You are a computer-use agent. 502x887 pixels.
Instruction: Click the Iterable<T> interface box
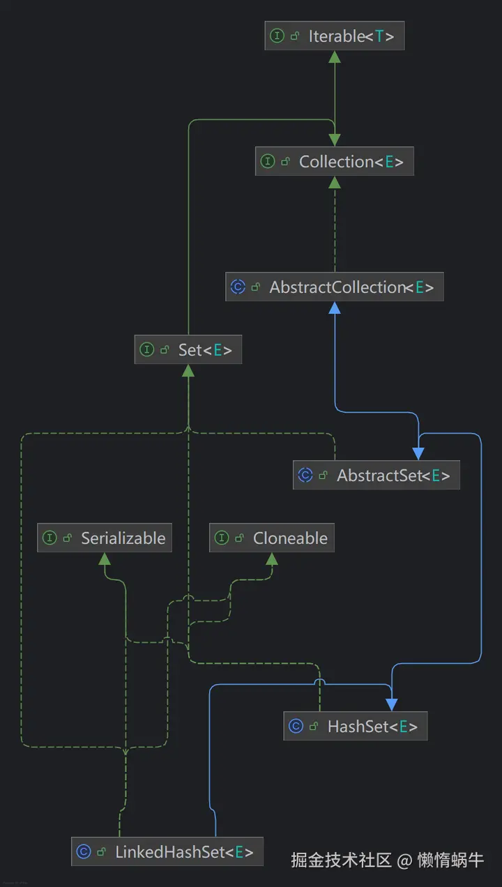(335, 36)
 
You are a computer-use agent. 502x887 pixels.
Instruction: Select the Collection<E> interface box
(335, 161)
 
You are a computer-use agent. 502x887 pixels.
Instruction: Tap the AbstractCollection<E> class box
(335, 287)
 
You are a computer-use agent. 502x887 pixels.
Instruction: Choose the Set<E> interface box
(188, 349)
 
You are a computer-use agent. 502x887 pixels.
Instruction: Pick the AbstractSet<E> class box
(376, 475)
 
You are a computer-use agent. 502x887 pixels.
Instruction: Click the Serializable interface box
(105, 538)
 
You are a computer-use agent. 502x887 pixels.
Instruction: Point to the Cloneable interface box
(272, 538)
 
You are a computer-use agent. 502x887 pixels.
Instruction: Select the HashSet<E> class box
(356, 726)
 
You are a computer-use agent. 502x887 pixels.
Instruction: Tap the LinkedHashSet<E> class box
(167, 851)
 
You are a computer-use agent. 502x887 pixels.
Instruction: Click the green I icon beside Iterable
(277, 36)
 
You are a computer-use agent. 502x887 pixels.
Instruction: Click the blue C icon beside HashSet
(296, 727)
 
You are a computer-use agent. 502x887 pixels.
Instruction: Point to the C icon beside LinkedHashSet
(84, 852)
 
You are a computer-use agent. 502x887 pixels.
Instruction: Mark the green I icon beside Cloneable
(222, 538)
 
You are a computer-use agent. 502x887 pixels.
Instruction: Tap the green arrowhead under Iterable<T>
(335, 56)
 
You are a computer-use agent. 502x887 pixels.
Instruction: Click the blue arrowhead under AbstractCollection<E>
(335, 308)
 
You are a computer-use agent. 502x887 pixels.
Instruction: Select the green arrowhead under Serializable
(105, 559)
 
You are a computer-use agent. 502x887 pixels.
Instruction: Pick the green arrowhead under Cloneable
(272, 559)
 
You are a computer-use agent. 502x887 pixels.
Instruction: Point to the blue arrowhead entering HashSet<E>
(392, 705)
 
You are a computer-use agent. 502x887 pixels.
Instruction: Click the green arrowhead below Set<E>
(188, 370)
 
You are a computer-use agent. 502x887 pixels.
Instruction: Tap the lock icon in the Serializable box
(68, 538)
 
